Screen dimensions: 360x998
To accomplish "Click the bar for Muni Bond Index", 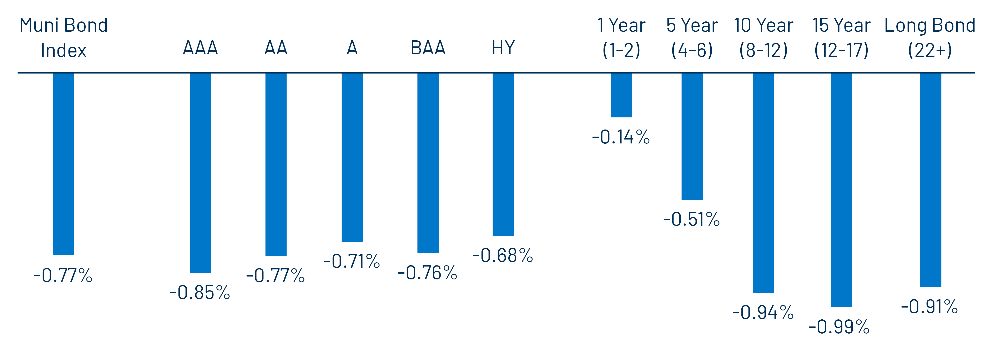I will coord(64,163).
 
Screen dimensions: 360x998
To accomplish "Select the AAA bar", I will coord(200,172).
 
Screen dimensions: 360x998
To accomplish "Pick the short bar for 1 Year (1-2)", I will coord(621,95).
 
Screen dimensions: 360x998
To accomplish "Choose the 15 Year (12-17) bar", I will coord(841,190).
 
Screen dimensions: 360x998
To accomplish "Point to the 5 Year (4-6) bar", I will coord(692,136).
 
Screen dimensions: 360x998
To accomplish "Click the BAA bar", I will coord(428,163).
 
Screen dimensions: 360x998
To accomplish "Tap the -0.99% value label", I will coord(839,327).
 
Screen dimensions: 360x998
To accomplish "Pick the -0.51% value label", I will coord(692,219).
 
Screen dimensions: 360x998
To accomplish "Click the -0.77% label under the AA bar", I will coord(276,275).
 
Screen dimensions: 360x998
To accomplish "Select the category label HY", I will coord(503,48).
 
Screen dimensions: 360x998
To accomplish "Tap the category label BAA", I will coord(428,48).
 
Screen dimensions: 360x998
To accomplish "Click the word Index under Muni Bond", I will coord(64,50).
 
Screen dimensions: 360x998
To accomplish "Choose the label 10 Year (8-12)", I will coord(764,38).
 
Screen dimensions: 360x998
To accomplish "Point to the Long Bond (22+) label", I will coord(930,38).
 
